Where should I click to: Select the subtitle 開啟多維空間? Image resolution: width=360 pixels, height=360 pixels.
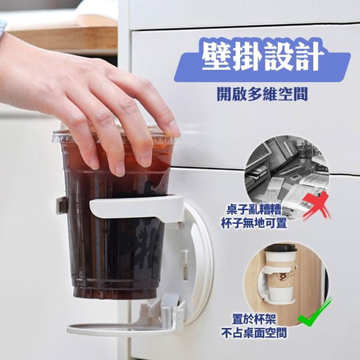click(x=262, y=94)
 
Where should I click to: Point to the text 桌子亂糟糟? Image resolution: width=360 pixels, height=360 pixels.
click(x=253, y=210)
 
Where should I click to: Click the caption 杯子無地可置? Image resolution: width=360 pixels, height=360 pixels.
click(x=254, y=223)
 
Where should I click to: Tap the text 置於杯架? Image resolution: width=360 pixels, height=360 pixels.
click(x=254, y=319)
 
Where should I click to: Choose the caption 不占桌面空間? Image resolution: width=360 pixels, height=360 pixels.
click(x=254, y=332)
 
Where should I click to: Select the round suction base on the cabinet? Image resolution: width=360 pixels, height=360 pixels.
click(x=199, y=264)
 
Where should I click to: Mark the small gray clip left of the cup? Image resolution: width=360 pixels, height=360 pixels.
click(x=61, y=205)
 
